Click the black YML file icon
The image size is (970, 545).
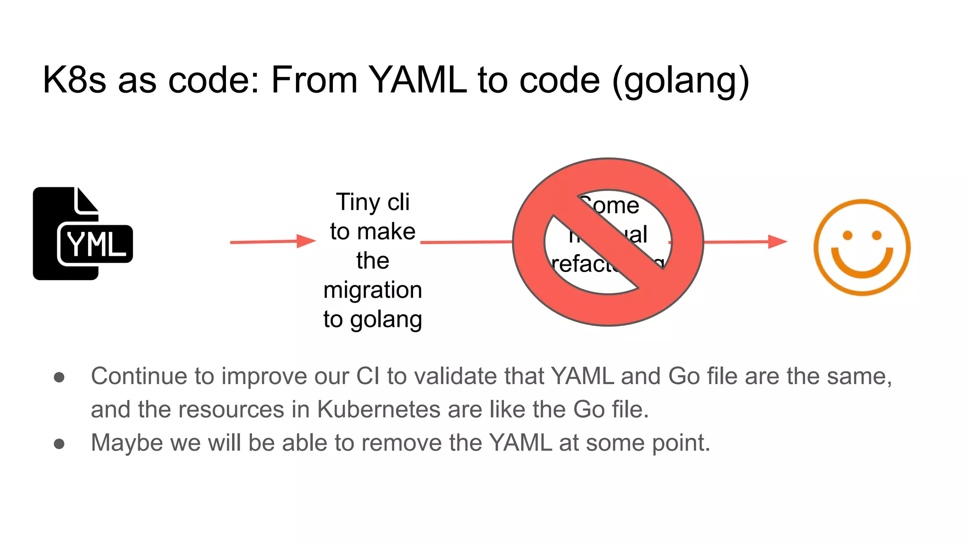coord(83,234)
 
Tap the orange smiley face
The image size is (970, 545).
coord(862,247)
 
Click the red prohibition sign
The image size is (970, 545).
coord(608,242)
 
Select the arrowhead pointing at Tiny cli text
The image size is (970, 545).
coord(306,241)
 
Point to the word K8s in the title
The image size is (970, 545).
coord(74,79)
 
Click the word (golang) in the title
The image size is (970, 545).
coord(681,80)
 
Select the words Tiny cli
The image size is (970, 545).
coord(373,202)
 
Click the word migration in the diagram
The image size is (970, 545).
coord(373,290)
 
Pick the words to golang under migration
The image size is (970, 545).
coord(373,319)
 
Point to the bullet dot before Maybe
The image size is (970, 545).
coord(59,444)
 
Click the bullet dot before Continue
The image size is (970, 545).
coord(59,377)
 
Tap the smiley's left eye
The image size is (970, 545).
coord(848,235)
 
